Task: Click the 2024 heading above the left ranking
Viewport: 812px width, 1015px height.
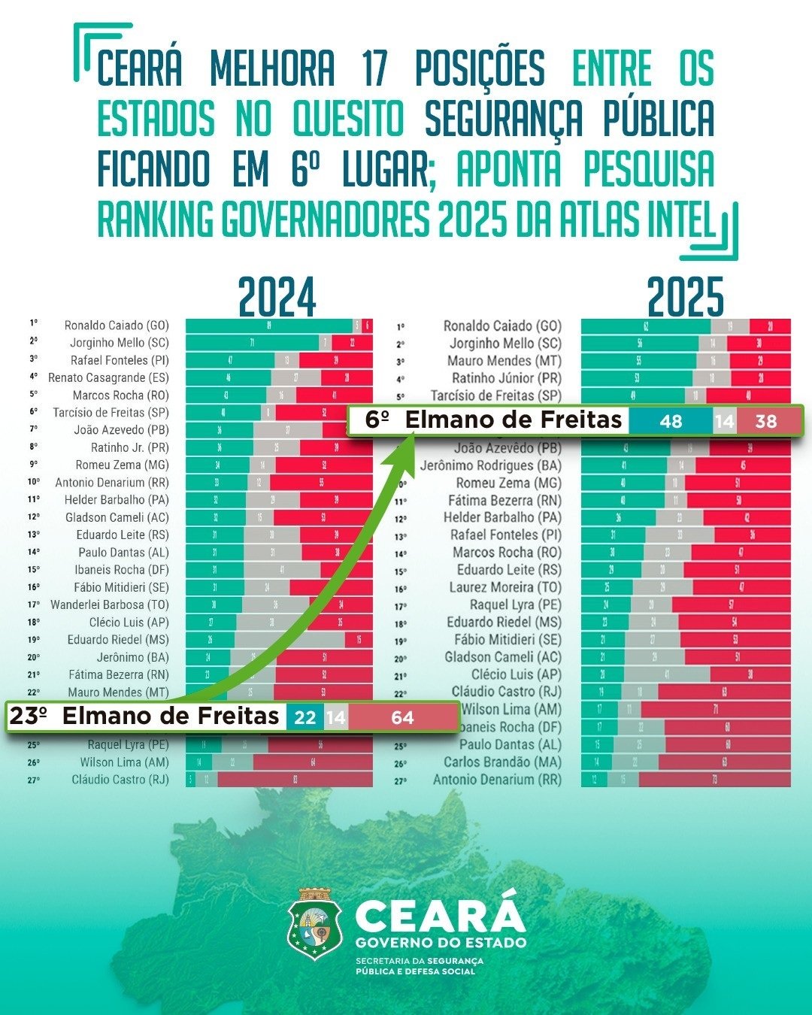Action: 277,298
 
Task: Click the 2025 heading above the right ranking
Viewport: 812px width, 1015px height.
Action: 685,298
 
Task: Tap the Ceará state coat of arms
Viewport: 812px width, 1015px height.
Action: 315,923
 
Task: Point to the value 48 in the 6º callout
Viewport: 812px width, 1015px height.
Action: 670,421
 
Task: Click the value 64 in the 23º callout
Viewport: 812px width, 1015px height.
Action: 402,718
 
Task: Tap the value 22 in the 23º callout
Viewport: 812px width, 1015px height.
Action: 304,718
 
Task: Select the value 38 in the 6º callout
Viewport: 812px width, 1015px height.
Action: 765,421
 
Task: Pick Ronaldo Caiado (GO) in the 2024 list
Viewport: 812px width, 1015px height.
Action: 117,326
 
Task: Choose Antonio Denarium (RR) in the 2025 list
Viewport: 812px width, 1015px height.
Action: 497,780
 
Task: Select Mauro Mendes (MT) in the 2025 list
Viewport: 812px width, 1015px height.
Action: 504,361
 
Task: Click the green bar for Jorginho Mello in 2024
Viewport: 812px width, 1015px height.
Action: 252,343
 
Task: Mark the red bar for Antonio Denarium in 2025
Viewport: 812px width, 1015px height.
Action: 714,780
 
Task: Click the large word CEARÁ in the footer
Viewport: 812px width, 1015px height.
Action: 440,916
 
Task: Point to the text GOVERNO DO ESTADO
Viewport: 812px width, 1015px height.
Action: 441,943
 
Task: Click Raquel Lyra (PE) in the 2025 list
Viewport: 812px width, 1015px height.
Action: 515,604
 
